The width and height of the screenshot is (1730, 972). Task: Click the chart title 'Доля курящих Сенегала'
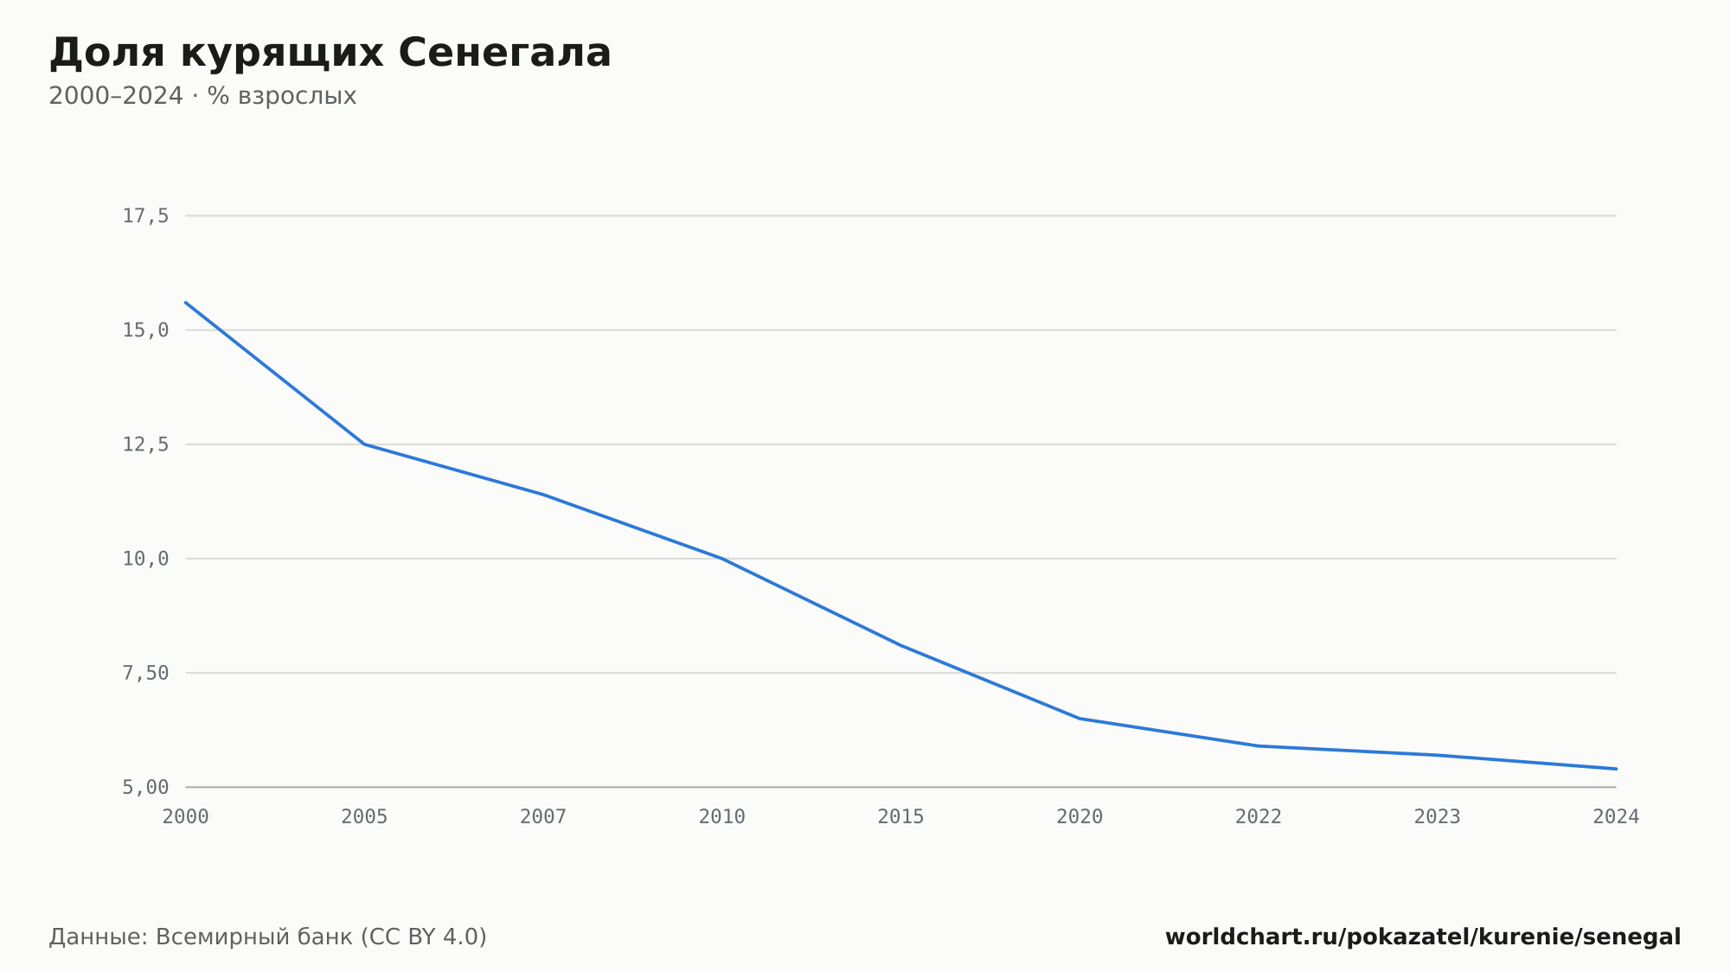(x=330, y=54)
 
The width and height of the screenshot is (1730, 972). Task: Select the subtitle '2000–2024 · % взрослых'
(x=202, y=96)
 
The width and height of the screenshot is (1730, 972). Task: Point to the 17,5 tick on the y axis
(x=145, y=216)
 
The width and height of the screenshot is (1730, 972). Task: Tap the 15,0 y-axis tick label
(x=145, y=330)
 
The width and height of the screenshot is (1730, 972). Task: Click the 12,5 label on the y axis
(x=145, y=444)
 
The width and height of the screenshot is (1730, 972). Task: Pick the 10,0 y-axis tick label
(x=145, y=559)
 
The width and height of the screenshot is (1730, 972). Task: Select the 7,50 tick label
(x=145, y=673)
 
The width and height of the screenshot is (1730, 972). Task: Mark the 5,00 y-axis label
(x=145, y=787)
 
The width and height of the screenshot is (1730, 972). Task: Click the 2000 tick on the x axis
(x=186, y=817)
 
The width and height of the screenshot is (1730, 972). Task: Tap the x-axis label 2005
(x=364, y=817)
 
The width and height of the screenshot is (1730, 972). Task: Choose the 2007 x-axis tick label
(x=543, y=817)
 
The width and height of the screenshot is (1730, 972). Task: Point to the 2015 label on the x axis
(x=900, y=817)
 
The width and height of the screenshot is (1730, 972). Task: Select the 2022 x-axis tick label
(x=1259, y=817)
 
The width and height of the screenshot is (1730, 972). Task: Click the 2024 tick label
(x=1616, y=817)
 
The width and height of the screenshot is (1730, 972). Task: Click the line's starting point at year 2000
(x=186, y=303)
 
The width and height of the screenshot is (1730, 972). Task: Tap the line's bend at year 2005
(x=364, y=444)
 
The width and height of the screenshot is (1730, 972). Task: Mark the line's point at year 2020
(x=1080, y=719)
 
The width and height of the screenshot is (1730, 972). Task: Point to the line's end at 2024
(x=1616, y=769)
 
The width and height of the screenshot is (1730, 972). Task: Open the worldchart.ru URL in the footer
(x=1423, y=937)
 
